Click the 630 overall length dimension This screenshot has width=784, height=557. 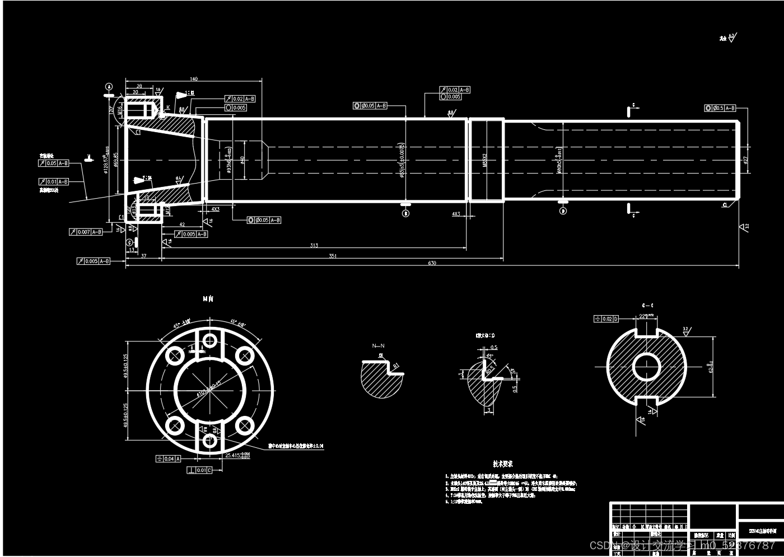click(x=432, y=263)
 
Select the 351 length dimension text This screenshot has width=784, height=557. click(x=333, y=256)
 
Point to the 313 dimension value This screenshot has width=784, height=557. click(x=314, y=246)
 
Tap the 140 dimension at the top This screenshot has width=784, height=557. click(x=194, y=79)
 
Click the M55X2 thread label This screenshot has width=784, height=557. click(x=485, y=160)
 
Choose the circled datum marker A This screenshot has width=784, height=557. click(x=109, y=87)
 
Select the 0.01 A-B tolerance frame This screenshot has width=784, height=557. click(x=54, y=182)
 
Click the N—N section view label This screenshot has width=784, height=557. click(x=379, y=346)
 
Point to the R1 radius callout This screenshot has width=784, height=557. click(x=396, y=367)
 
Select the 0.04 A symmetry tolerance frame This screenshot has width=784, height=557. click(x=169, y=459)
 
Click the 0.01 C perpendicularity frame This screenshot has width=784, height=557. click(x=200, y=470)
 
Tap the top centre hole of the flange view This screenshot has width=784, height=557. click(x=210, y=340)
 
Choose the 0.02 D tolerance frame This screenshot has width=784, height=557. click(x=606, y=319)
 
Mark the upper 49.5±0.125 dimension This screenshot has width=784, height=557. click(x=126, y=366)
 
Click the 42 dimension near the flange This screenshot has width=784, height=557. click(x=182, y=224)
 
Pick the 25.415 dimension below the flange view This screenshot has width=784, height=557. click(x=234, y=456)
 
